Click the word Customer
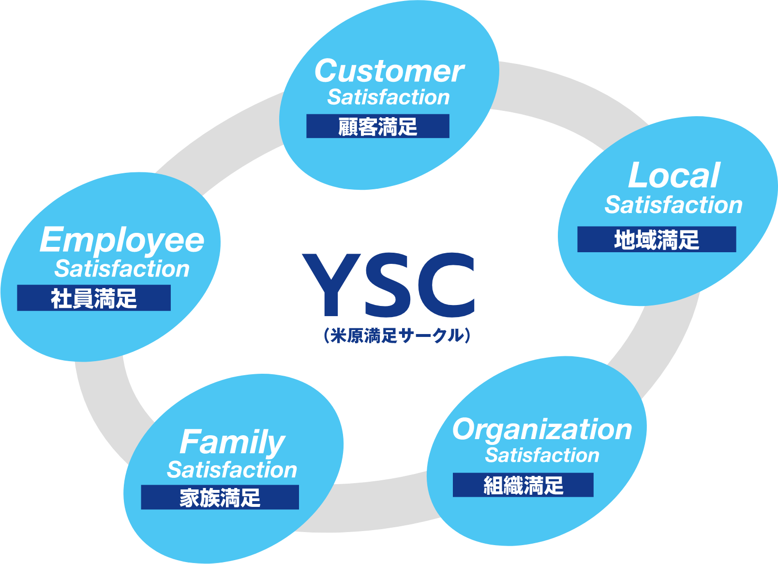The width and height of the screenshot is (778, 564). [x=389, y=71]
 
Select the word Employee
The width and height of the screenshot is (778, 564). [x=122, y=240]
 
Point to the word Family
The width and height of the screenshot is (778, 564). [x=232, y=442]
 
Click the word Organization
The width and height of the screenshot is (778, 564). [x=542, y=429]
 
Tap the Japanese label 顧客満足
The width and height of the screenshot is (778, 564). [x=377, y=127]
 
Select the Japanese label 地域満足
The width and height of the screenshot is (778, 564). [x=657, y=240]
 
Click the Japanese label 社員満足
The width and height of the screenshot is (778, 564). [x=94, y=298]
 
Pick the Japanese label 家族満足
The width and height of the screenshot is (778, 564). [x=220, y=498]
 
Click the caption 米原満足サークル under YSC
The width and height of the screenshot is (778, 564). [x=397, y=335]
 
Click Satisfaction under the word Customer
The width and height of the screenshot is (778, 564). [x=389, y=97]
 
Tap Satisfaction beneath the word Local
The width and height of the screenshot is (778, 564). [x=673, y=205]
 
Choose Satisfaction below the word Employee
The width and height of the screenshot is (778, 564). [x=122, y=269]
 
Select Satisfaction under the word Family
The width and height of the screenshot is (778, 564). [x=232, y=470]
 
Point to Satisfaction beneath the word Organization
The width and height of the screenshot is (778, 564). [x=542, y=456]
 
